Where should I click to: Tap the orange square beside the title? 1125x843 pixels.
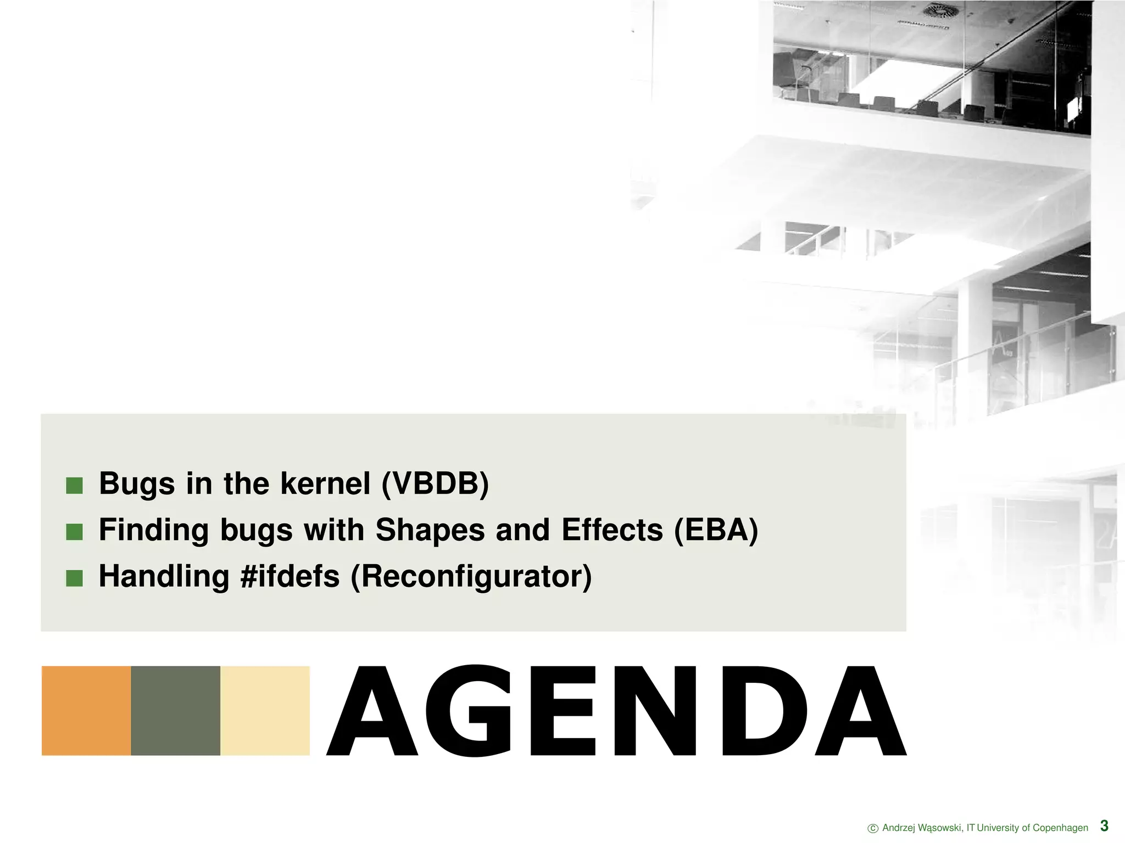tap(86, 711)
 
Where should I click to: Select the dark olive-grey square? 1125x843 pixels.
tap(176, 711)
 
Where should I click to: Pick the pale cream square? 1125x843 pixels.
tap(265, 711)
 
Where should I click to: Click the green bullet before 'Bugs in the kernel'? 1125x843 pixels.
tap(74, 486)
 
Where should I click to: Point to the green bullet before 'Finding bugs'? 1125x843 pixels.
tap(74, 532)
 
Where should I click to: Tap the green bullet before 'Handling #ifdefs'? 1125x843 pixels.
tap(74, 578)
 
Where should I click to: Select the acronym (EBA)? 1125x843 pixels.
tap(716, 530)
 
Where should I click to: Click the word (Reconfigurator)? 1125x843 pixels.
tap(471, 577)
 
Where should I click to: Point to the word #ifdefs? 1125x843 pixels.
tap(290, 577)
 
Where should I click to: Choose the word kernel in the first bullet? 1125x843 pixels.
tap(325, 484)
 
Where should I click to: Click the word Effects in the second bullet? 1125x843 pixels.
tap(612, 530)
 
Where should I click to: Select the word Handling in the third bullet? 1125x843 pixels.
tap(164, 577)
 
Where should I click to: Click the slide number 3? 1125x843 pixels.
tap(1104, 826)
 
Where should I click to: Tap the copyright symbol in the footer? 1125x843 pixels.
tap(872, 829)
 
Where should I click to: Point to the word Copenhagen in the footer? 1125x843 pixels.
tap(1060, 828)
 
